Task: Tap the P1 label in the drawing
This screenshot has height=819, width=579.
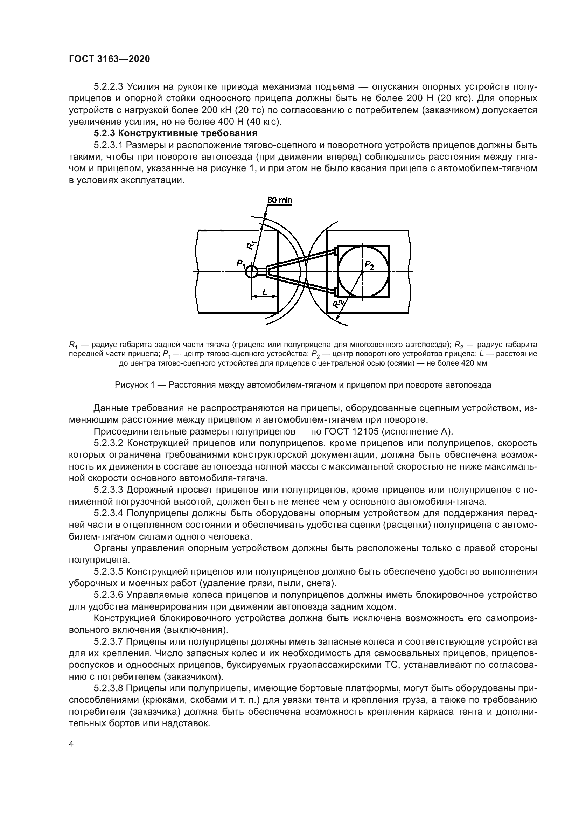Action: (241, 264)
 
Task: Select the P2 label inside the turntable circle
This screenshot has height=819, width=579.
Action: (369, 265)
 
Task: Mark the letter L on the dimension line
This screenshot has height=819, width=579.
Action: (265, 292)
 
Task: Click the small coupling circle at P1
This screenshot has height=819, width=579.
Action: (251, 272)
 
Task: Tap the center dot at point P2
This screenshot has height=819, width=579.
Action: (362, 272)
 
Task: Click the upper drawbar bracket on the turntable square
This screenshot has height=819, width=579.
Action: (335, 251)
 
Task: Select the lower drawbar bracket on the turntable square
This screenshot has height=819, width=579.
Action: (335, 292)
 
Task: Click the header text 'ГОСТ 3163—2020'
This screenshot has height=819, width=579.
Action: (109, 59)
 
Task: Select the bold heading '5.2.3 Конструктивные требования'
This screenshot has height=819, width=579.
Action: (175, 133)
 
